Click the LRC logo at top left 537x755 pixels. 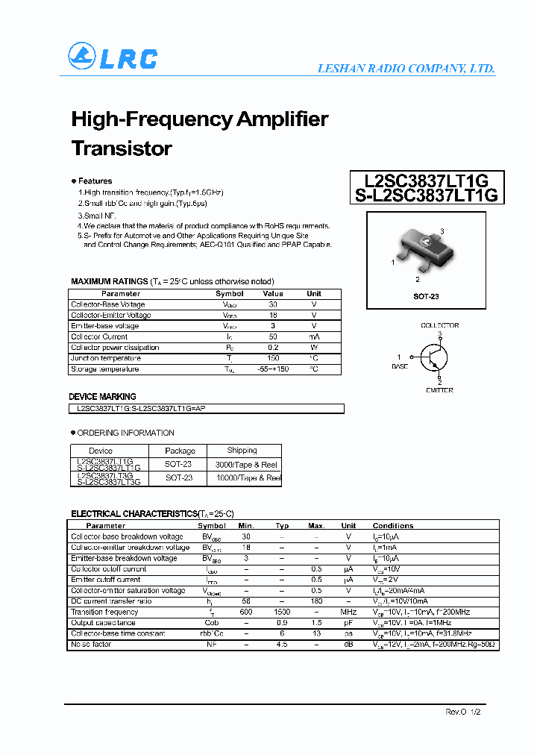[113, 57]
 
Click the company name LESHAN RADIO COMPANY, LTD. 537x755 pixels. [406, 68]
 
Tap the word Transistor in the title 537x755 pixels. [122, 148]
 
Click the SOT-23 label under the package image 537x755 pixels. [426, 296]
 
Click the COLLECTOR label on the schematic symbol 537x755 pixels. [439, 325]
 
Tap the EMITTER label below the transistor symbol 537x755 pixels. [439, 390]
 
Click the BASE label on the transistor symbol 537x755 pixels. [400, 366]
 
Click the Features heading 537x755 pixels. [95, 181]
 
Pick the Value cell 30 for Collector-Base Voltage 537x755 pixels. [272, 304]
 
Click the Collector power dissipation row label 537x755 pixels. [115, 348]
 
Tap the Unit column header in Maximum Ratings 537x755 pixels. [314, 293]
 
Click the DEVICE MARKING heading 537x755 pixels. [103, 397]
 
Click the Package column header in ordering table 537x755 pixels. [180, 451]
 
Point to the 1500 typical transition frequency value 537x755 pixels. [282, 612]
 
